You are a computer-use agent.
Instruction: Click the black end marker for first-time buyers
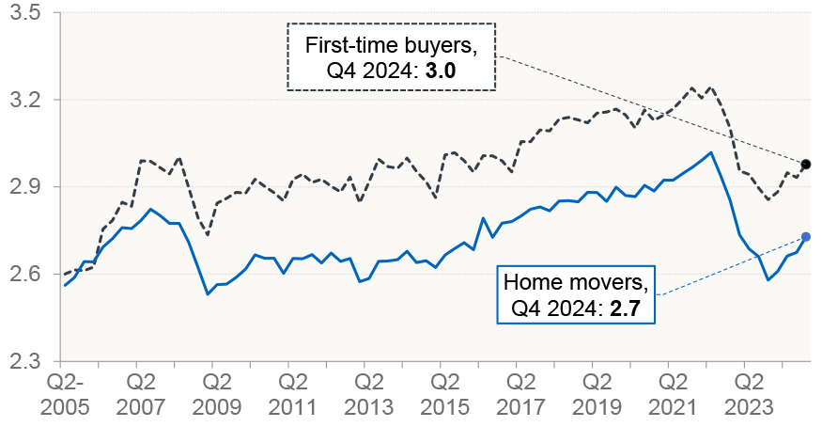coord(806,165)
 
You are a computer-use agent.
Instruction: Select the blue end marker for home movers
coord(806,236)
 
